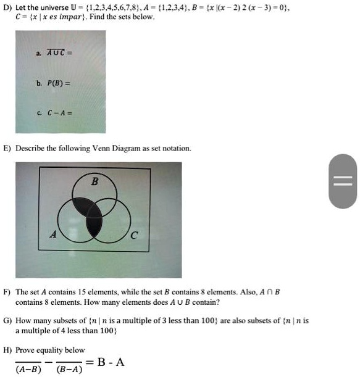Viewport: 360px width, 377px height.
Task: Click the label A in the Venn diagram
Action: pos(53,234)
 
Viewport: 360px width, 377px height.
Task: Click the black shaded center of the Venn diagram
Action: pos(93,217)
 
